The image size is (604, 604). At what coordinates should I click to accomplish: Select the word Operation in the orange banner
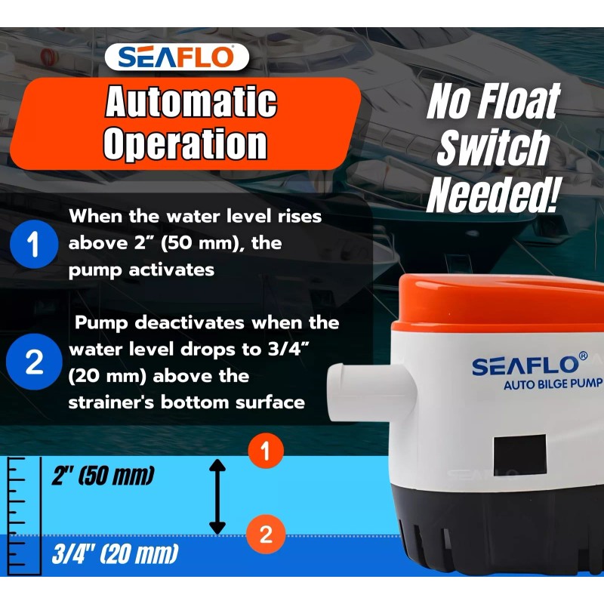pyautogui.click(x=185, y=143)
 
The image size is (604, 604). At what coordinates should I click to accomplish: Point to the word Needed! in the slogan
pyautogui.click(x=494, y=193)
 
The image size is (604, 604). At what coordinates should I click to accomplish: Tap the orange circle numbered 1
pyautogui.click(x=265, y=452)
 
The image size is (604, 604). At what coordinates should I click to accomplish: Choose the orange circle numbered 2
pyautogui.click(x=265, y=535)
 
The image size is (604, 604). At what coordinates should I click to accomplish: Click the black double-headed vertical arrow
pyautogui.click(x=217, y=498)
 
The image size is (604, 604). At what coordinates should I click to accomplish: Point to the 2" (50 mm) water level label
pyautogui.click(x=103, y=476)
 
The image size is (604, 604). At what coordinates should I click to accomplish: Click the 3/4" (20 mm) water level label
pyautogui.click(x=115, y=556)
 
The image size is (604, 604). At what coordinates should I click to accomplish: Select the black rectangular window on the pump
pyautogui.click(x=520, y=455)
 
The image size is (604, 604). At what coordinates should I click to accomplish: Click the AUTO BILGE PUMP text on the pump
pyautogui.click(x=553, y=384)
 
